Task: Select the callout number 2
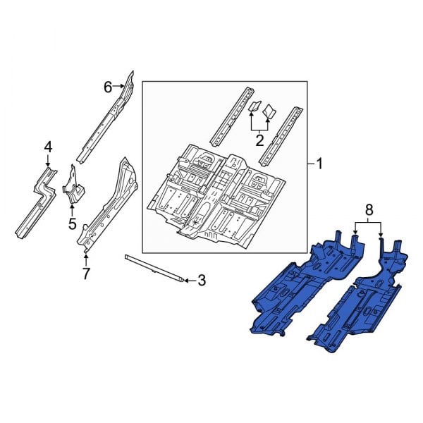(259, 141)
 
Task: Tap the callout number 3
(201, 281)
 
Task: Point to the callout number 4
(48, 147)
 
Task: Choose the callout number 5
(72, 224)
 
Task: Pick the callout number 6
(108, 87)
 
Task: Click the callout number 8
(367, 209)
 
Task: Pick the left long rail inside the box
(233, 112)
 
